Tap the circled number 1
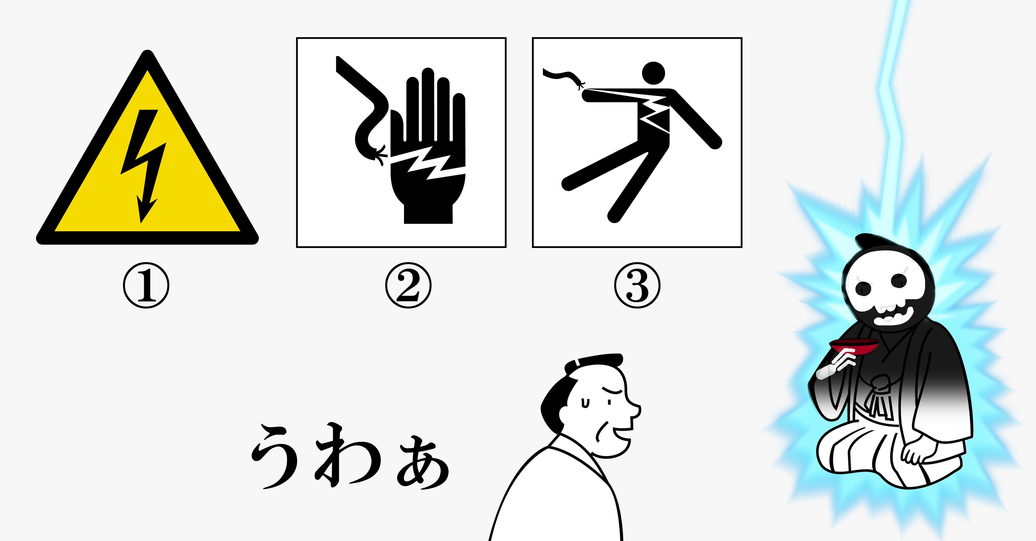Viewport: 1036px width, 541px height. click(x=146, y=285)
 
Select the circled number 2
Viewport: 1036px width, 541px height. click(x=408, y=285)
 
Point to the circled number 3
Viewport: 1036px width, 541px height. click(x=637, y=285)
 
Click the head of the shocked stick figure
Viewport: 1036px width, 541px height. click(x=653, y=73)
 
